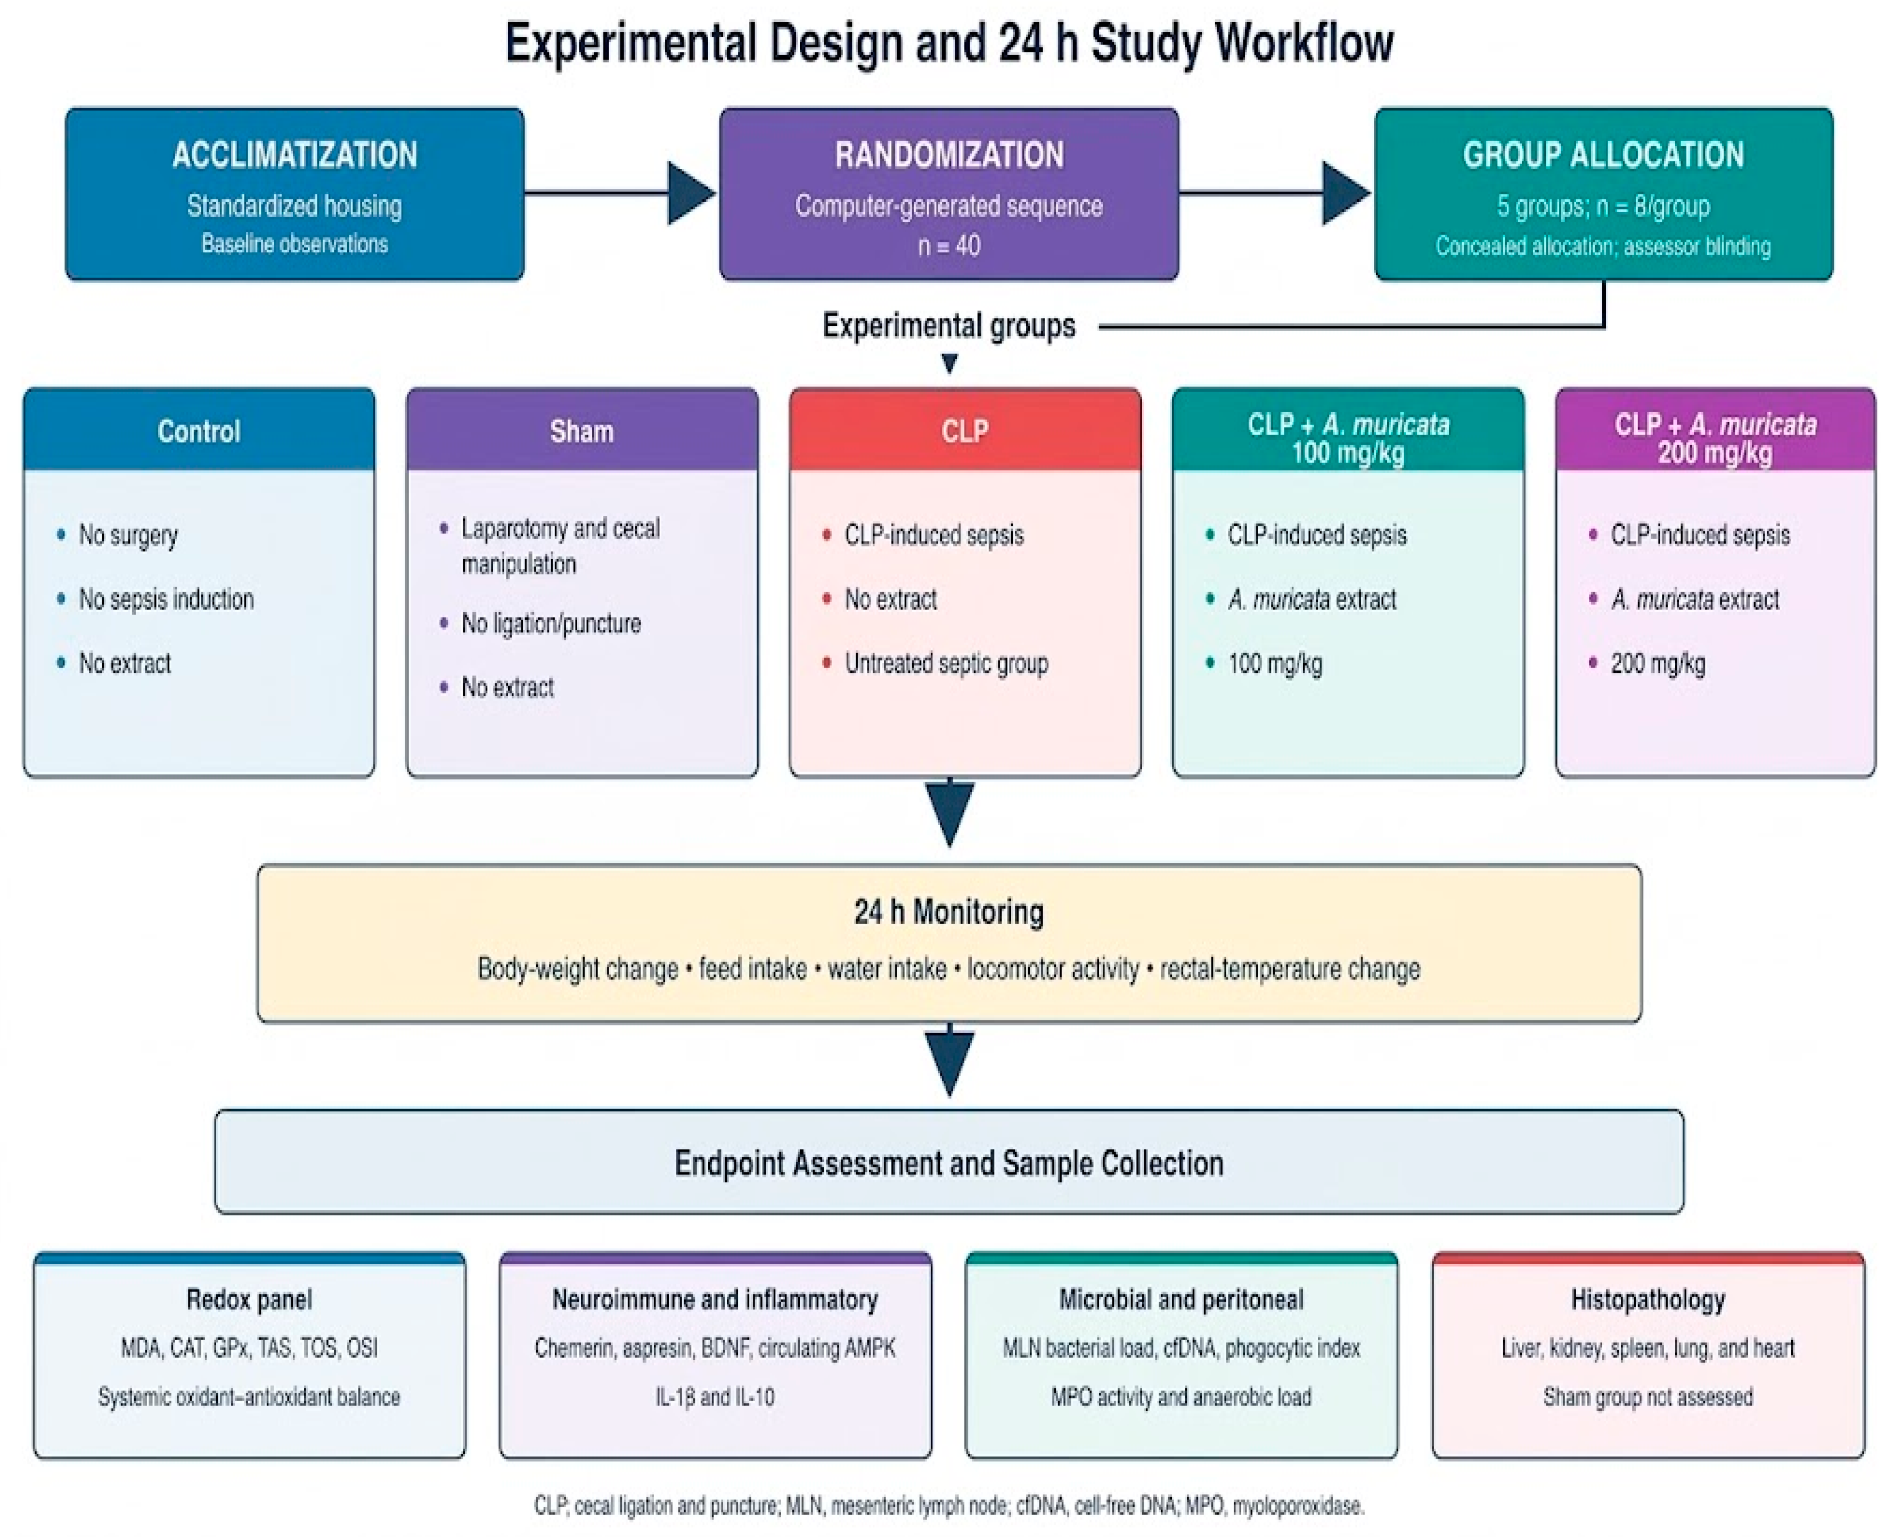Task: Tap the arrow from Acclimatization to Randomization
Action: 620,193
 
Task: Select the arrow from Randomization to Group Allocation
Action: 1275,193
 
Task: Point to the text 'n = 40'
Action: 948,245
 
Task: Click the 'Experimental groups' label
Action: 948,326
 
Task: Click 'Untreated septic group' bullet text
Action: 947,663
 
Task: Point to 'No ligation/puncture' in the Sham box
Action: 551,623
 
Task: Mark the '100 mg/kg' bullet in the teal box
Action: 1275,663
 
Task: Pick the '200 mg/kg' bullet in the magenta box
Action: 1658,663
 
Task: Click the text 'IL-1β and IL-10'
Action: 715,1396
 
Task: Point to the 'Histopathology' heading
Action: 1648,1299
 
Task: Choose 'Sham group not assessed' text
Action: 1648,1396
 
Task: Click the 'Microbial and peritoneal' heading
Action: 1181,1299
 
